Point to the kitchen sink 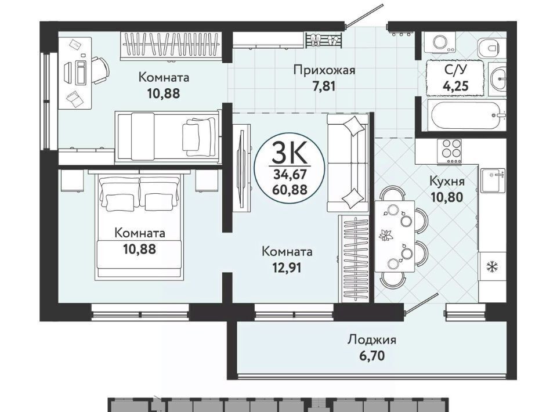pos(493,180)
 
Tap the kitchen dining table pos(395,236)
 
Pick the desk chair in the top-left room pos(100,70)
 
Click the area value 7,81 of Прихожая pos(324,86)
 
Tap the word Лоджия pos(371,340)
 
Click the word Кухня pos(447,181)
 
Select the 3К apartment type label pos(288,153)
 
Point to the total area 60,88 pos(290,190)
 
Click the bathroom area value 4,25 pos(456,86)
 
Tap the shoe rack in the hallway pos(324,39)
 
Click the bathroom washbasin pos(497,79)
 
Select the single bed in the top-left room pos(167,137)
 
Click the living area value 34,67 pos(290,174)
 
